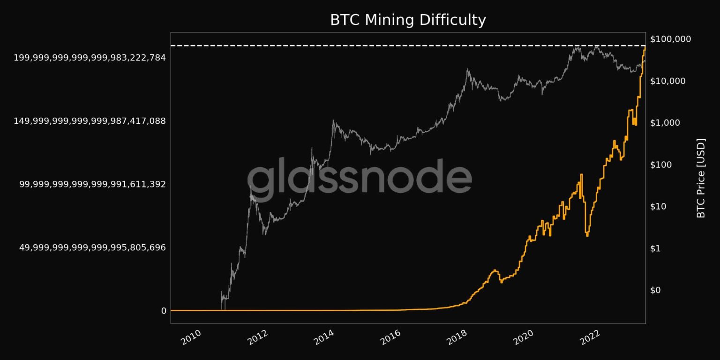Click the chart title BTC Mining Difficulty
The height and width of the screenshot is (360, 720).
tap(408, 20)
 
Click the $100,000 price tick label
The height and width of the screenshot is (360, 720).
tap(670, 39)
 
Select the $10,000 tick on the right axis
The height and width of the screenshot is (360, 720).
tap(667, 81)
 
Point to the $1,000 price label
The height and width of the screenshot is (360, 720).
tap(665, 123)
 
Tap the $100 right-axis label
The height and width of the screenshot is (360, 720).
tap(662, 165)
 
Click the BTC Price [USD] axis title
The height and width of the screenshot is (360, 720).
tap(701, 178)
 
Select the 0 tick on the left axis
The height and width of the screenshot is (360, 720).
tap(163, 311)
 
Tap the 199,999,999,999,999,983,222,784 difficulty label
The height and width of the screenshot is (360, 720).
tap(90, 58)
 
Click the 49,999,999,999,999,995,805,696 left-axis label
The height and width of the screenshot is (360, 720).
tap(92, 247)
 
